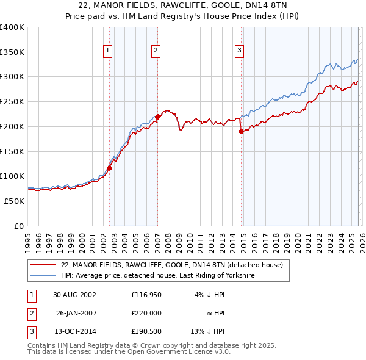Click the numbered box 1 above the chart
pos(107,51)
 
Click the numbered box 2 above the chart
pos(156,51)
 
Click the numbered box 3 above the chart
pos(240,51)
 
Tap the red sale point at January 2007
pos(157,116)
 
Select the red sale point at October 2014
pos(241,131)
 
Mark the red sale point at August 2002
pos(110,168)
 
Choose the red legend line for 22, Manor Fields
pos(44,265)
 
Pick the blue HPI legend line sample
pos(44,276)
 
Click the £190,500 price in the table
pos(146,331)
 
